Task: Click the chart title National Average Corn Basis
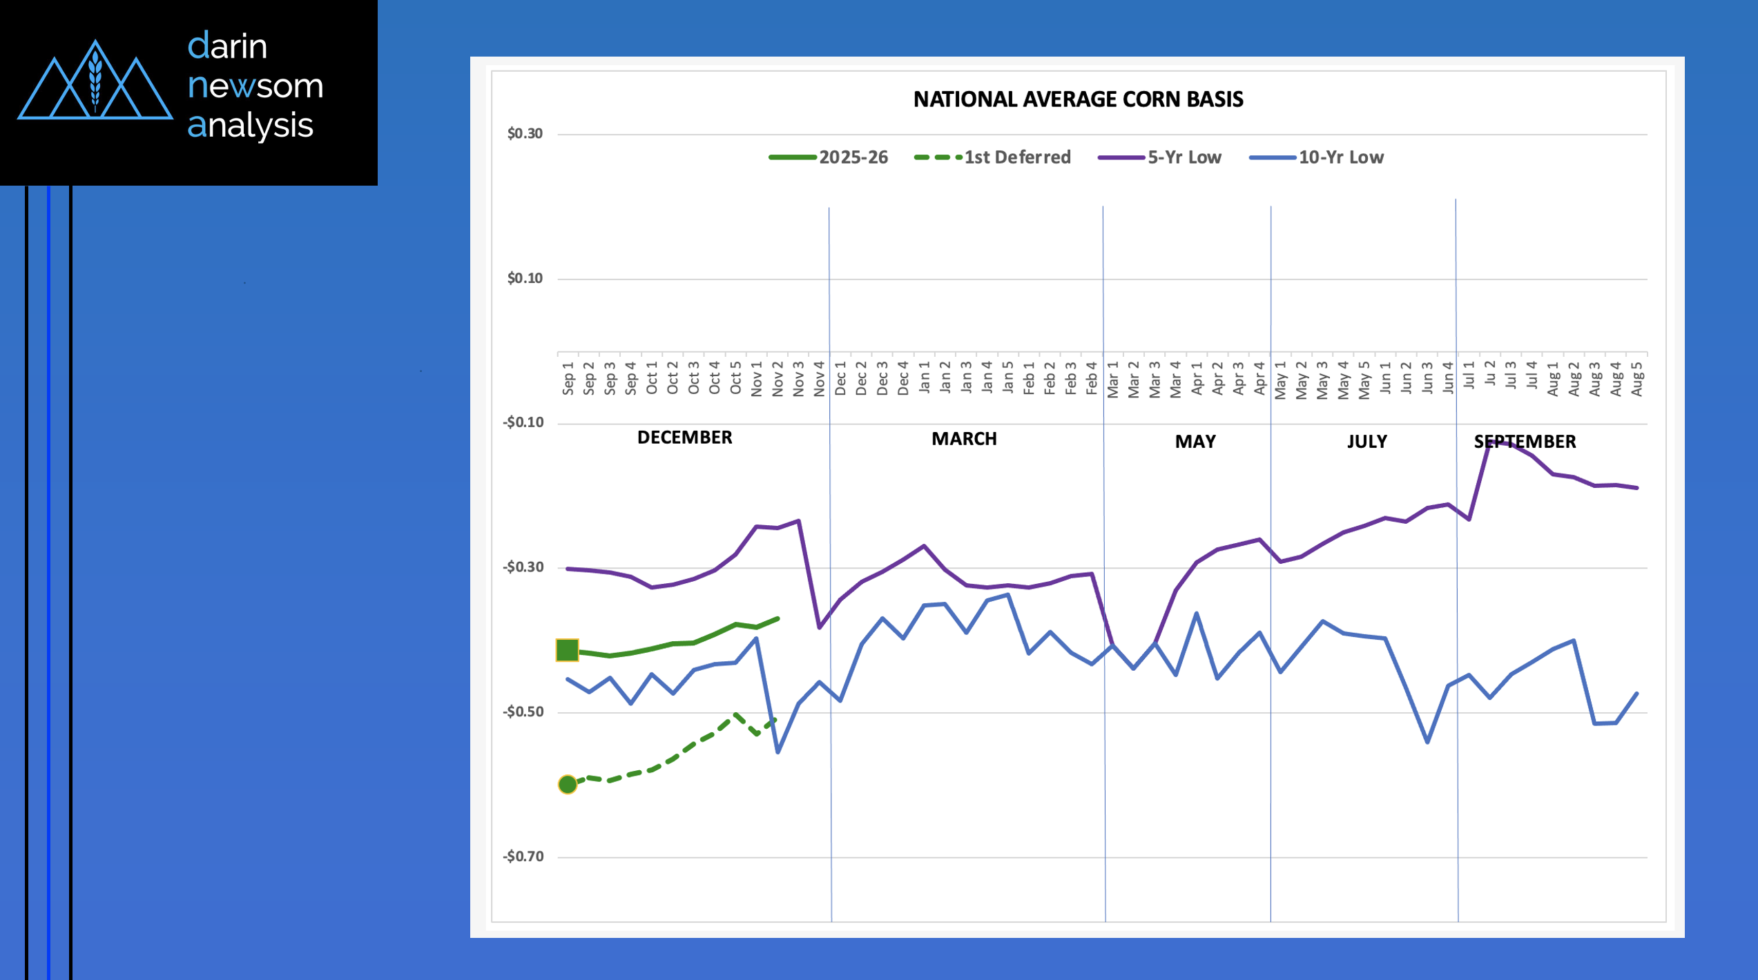(x=1078, y=99)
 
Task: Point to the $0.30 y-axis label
(x=525, y=133)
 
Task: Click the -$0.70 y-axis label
(x=523, y=856)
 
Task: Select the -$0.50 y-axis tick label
(x=523, y=712)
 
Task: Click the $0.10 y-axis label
(x=525, y=278)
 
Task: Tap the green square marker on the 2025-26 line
(x=567, y=650)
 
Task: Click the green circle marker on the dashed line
(x=567, y=784)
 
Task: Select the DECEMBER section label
(x=684, y=438)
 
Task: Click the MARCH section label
(x=964, y=439)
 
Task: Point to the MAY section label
(x=1195, y=442)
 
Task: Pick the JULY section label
(x=1366, y=442)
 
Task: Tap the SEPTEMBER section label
(x=1525, y=442)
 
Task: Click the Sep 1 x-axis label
(x=568, y=378)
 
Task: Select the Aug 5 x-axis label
(x=1636, y=378)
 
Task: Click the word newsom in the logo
(x=255, y=86)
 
